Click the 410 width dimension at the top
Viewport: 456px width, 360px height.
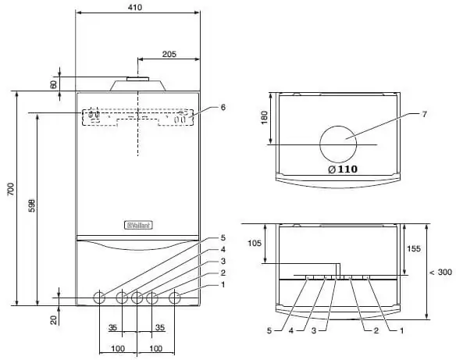[135, 7]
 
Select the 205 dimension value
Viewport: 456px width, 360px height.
[169, 54]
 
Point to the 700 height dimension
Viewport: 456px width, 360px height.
[10, 189]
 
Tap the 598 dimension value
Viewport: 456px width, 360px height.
[32, 205]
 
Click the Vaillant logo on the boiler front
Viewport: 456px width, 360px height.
[138, 225]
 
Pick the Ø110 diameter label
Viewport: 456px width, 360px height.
[343, 169]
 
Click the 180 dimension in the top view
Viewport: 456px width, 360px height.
[265, 117]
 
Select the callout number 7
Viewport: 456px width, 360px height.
[424, 114]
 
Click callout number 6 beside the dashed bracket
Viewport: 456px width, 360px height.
[223, 107]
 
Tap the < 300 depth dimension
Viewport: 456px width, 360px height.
[441, 273]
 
